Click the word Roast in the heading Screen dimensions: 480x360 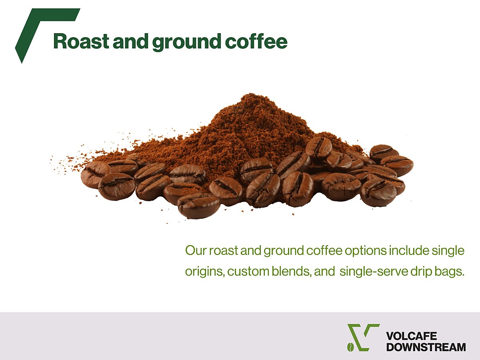click(81, 41)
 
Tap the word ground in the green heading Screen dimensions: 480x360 click(186, 42)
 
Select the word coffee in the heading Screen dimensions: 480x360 click(256, 41)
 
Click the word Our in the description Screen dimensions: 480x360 click(196, 250)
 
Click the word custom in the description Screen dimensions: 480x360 click(248, 272)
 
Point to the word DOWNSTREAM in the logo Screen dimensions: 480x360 click(426, 347)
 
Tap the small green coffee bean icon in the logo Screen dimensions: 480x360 click(350, 347)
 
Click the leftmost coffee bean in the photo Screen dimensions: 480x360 click(96, 175)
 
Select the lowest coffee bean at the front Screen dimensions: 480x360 click(198, 206)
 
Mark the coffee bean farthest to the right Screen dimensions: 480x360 click(397, 166)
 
